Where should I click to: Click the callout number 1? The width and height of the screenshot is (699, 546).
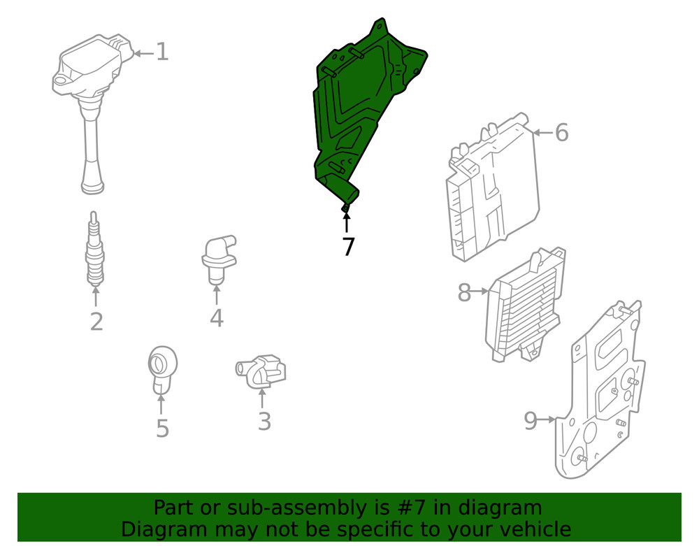[x=162, y=52]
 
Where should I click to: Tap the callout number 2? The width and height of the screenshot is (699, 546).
[x=96, y=322]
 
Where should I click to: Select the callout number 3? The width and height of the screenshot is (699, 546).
[x=264, y=422]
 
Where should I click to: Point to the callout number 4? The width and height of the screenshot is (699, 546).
[x=217, y=318]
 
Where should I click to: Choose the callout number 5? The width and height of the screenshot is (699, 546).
[x=162, y=428]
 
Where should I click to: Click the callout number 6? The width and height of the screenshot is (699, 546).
[x=561, y=132]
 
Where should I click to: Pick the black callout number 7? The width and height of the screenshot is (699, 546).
[x=347, y=247]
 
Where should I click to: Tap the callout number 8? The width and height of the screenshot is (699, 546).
[x=464, y=292]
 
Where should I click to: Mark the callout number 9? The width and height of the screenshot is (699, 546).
[x=531, y=421]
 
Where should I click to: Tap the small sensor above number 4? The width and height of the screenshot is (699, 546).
[x=217, y=257]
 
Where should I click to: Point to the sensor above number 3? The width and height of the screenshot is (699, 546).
[x=262, y=371]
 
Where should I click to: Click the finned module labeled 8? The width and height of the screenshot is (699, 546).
[x=524, y=308]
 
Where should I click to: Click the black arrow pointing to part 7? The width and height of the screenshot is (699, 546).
[x=347, y=222]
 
